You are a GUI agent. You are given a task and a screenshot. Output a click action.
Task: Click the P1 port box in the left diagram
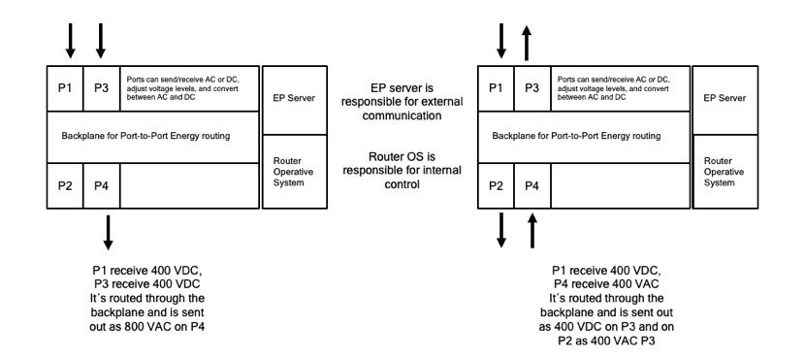click(x=65, y=87)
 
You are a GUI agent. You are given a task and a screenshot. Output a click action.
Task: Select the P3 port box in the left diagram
click(x=101, y=87)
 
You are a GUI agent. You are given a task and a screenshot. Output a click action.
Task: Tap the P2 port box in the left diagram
click(x=65, y=185)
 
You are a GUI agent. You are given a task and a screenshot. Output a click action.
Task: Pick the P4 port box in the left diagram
click(x=101, y=185)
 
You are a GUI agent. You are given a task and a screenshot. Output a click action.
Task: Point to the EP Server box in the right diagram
click(x=725, y=99)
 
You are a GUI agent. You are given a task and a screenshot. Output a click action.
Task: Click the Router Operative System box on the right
click(x=725, y=171)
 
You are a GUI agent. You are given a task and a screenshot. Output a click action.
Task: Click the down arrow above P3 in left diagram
click(x=101, y=38)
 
